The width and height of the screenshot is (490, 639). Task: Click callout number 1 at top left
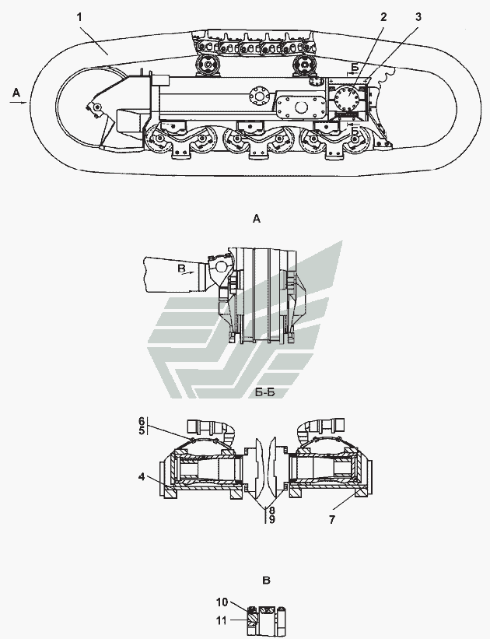point(80,17)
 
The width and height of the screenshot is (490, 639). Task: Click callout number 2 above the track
point(383,17)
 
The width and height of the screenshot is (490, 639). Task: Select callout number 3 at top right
point(418,17)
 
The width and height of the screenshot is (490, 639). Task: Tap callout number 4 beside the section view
point(142,476)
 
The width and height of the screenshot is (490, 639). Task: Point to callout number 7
point(332,520)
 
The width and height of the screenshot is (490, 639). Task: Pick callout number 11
point(221,620)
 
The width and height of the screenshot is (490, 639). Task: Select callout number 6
point(142,421)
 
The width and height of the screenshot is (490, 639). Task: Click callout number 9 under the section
point(271,520)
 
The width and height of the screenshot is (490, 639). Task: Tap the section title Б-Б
point(265,392)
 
